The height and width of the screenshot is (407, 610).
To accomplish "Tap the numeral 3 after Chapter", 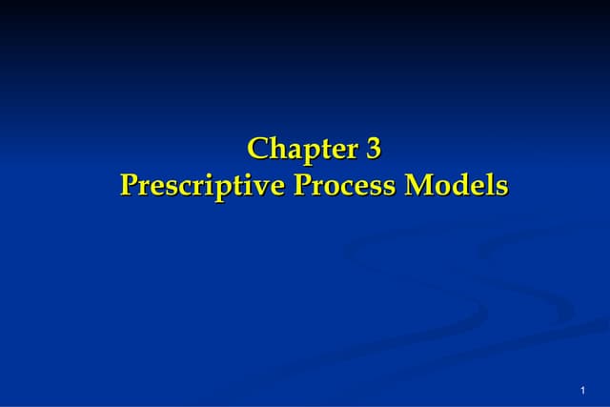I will point(373,150).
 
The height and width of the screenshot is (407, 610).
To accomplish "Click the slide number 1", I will point(581,392).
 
